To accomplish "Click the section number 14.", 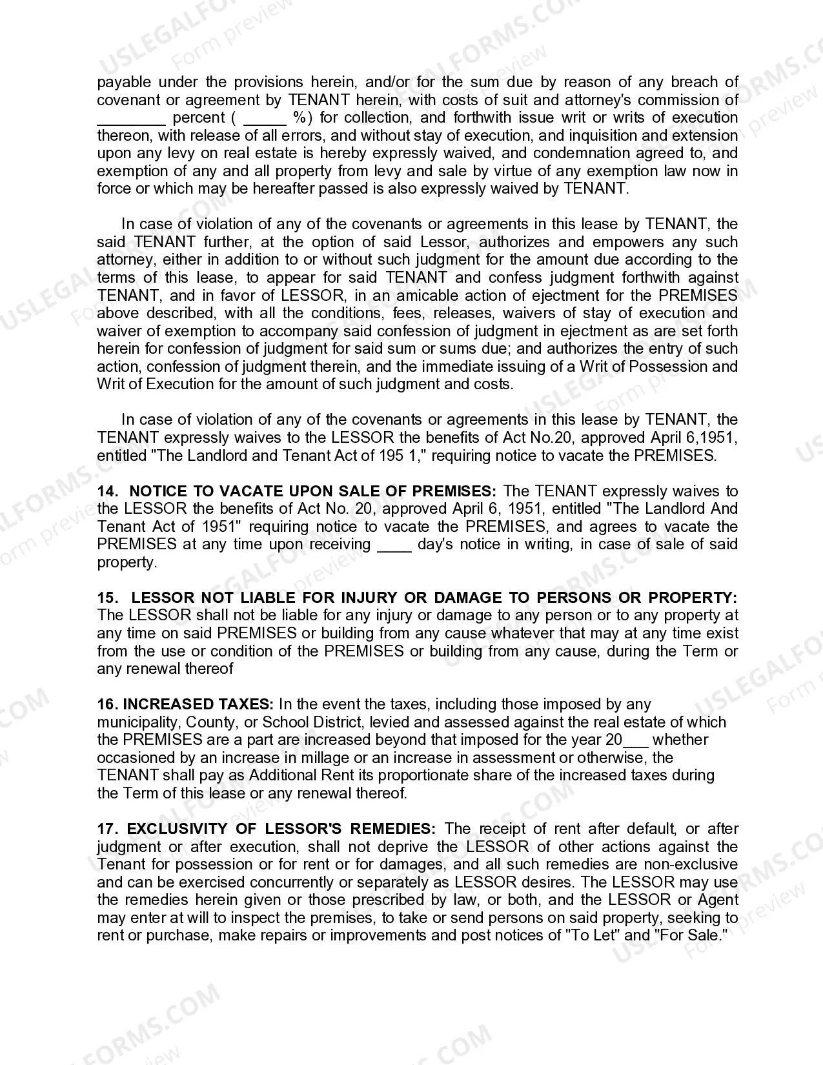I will tap(107, 491).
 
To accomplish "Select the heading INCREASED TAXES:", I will tap(198, 704).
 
